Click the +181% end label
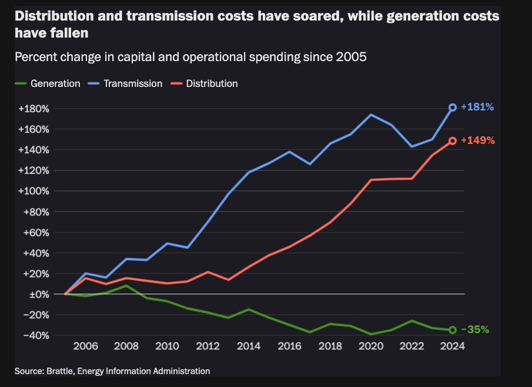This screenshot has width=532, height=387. [x=477, y=107]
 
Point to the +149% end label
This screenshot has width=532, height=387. [x=477, y=141]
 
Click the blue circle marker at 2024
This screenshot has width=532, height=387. [x=453, y=107]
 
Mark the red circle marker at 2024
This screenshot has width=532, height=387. [x=453, y=141]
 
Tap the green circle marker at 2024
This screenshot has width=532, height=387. [x=453, y=330]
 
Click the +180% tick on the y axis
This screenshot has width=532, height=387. [x=33, y=109]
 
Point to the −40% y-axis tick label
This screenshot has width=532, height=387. [x=35, y=335]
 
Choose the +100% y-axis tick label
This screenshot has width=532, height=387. [x=33, y=191]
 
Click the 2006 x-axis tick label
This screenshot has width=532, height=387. [x=85, y=346]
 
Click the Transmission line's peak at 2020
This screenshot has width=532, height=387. [x=371, y=115]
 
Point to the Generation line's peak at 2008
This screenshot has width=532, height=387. [x=126, y=285]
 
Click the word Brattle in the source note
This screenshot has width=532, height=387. [x=56, y=371]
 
